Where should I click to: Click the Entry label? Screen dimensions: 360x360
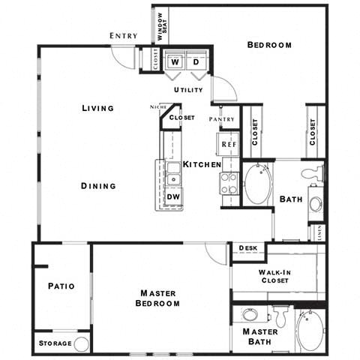[124, 35]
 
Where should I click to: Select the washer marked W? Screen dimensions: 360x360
[174, 63]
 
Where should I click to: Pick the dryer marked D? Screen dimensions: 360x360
[196, 63]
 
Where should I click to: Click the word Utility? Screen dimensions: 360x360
[188, 90]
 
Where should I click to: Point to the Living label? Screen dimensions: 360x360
[97, 108]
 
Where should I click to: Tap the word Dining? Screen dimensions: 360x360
[99, 186]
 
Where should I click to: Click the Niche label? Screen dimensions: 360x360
[157, 106]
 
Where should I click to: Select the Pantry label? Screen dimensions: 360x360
[222, 119]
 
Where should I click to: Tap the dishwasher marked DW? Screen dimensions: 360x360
[172, 196]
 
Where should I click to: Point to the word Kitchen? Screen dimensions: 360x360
[202, 163]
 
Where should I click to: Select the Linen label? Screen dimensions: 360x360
[320, 232]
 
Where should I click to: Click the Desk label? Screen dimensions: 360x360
[247, 247]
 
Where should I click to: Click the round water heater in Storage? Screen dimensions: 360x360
[81, 343]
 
